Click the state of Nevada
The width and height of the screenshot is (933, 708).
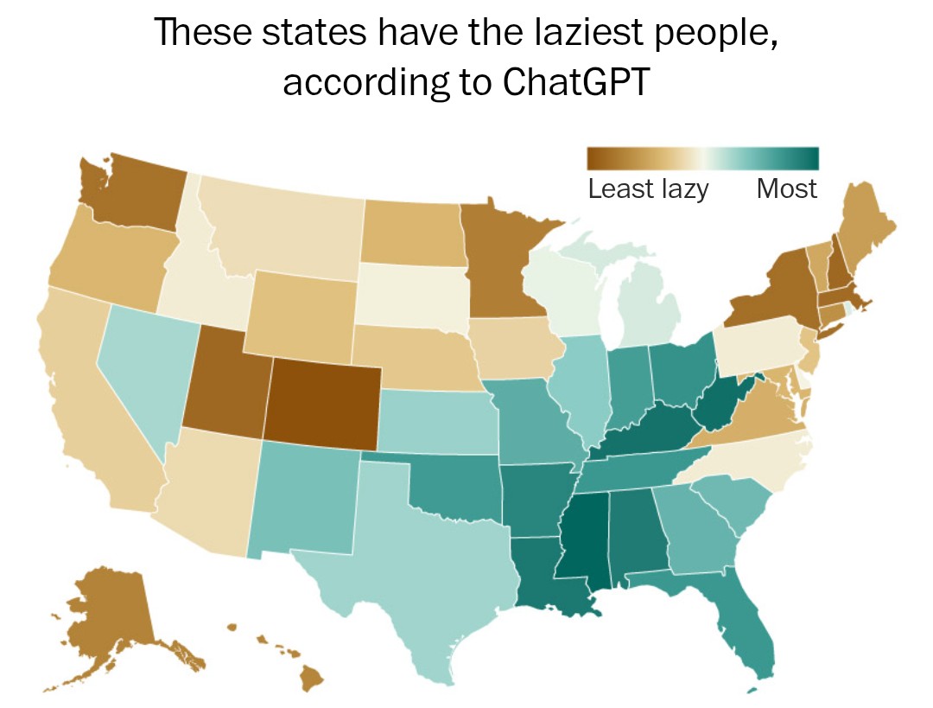(x=143, y=372)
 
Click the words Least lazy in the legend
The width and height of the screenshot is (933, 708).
(x=648, y=188)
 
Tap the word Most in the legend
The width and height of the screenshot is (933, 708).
(x=786, y=188)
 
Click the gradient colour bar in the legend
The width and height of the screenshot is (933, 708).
(x=701, y=158)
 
